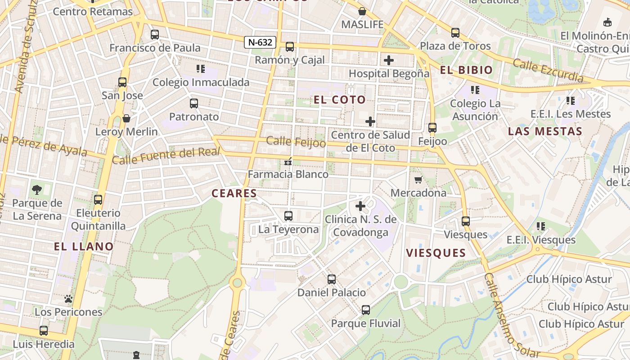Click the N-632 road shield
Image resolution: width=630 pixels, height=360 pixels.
coord(260,42)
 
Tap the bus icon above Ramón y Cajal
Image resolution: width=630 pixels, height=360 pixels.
coord(290,46)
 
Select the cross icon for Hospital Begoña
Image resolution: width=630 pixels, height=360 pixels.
coord(389,60)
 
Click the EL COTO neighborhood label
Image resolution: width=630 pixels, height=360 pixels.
coord(340,100)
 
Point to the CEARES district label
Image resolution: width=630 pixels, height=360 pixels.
coord(234,193)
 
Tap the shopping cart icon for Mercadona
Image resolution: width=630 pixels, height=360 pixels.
coord(418,180)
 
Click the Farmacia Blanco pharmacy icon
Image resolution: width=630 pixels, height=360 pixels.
coord(288,161)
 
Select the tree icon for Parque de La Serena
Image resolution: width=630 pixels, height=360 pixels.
coord(37,190)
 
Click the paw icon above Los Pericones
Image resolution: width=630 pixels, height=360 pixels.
coord(68,299)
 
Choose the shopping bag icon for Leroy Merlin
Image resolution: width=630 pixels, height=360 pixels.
coord(126,118)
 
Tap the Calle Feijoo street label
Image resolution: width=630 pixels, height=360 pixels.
coord(296,141)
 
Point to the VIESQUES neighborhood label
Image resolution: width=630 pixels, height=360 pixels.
coord(436,253)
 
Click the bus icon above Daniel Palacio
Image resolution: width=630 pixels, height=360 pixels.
coord(332,279)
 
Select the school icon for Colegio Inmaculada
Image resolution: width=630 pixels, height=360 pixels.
coord(201,69)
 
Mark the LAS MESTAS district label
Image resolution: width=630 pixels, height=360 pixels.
coord(545,131)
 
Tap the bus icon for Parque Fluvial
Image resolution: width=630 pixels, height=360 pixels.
coord(366,310)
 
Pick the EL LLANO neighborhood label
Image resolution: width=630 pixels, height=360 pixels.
coord(84,247)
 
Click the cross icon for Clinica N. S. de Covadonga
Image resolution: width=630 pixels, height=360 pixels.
coord(360,206)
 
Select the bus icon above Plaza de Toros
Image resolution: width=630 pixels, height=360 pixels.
coord(455,33)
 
